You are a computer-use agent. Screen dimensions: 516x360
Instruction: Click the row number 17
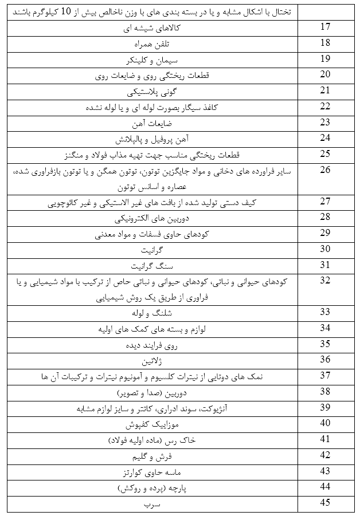click(326, 27)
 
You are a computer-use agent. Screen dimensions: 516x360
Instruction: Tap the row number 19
click(326, 58)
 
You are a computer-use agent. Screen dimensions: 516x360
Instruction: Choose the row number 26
click(326, 170)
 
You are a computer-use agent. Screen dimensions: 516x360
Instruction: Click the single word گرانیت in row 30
click(152, 250)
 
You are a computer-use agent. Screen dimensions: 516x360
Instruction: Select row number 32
click(326, 280)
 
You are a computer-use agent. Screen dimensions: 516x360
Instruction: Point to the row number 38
click(326, 392)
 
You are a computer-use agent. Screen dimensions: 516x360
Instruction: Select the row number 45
click(326, 503)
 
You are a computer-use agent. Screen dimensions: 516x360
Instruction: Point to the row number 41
click(326, 439)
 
